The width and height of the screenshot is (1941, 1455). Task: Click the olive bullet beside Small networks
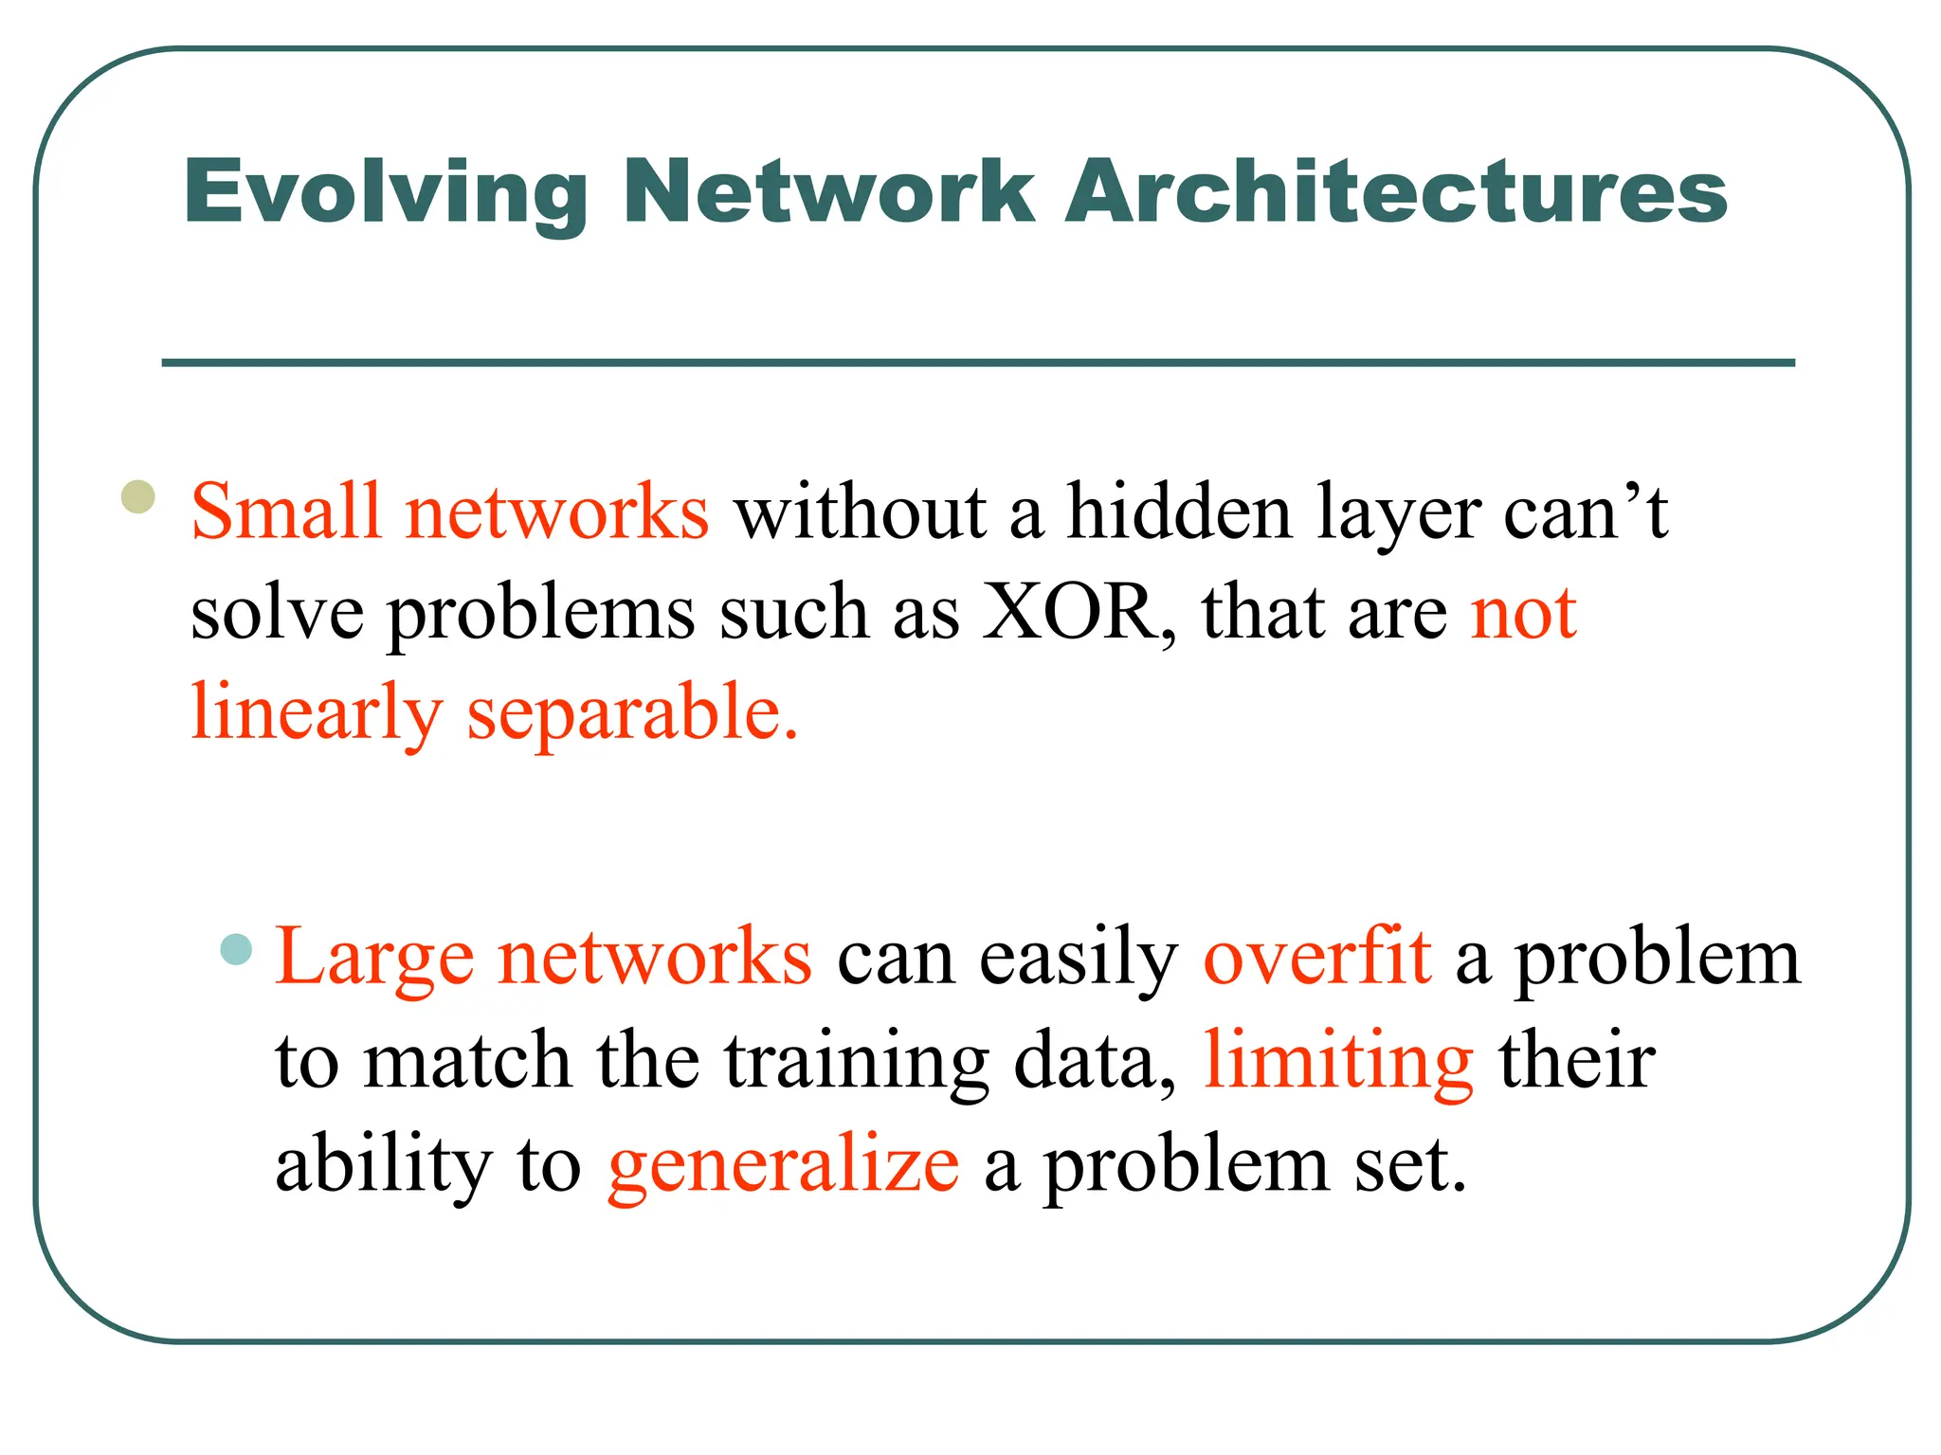point(138,496)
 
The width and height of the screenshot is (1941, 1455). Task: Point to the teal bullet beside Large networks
point(236,948)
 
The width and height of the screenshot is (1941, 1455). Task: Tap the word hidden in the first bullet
point(1179,512)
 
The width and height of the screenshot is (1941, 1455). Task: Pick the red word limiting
point(1337,1061)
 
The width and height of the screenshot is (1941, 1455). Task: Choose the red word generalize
point(783,1165)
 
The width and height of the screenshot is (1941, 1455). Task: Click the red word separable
point(632,713)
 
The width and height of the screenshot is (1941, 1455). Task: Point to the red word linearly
point(316,713)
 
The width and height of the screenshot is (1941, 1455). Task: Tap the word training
point(857,1061)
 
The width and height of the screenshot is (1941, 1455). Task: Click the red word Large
point(373,958)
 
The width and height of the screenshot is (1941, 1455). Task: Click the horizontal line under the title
point(978,363)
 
